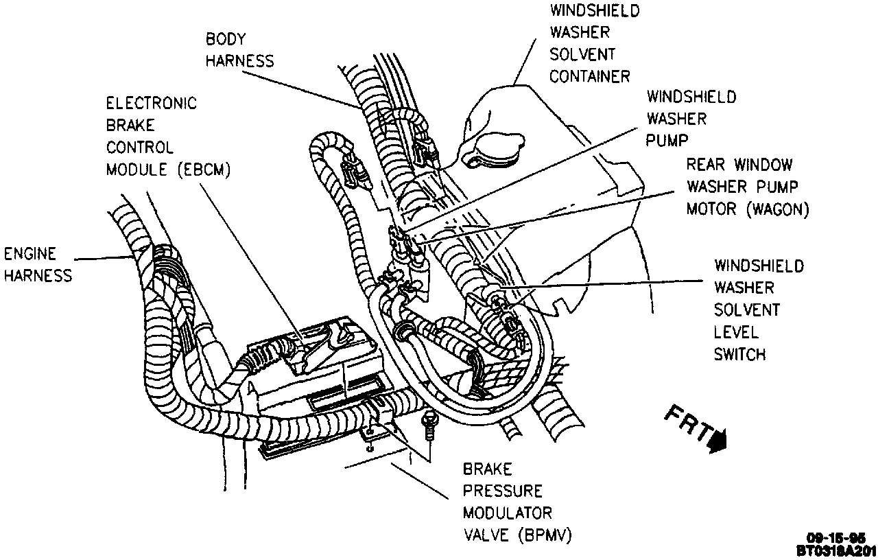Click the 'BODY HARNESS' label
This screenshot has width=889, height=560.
[239, 50]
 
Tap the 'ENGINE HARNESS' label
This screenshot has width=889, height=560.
[38, 264]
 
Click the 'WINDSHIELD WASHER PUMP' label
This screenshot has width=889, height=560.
[691, 118]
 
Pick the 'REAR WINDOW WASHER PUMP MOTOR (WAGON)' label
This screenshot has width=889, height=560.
[748, 187]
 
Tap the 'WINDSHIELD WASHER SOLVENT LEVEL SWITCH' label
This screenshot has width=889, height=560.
[758, 310]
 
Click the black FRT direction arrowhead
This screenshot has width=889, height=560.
[718, 441]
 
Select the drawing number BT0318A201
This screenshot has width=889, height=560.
[836, 550]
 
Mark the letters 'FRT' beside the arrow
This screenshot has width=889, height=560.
[687, 424]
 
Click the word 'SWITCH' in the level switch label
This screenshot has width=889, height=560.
[739, 354]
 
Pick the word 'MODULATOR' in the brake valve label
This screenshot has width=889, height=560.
[507, 513]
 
